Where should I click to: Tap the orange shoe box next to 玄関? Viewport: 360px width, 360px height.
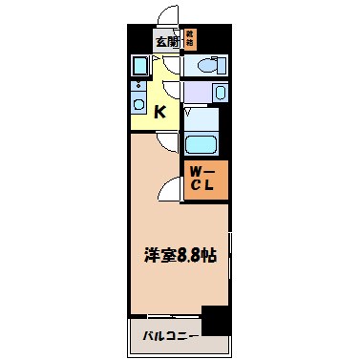click(x=190, y=39)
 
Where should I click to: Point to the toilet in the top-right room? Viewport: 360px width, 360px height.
click(x=205, y=65)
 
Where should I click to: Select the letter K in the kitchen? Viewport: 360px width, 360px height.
click(x=161, y=112)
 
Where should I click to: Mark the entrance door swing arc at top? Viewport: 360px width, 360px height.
click(x=167, y=16)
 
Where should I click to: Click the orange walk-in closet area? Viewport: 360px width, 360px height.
click(x=205, y=179)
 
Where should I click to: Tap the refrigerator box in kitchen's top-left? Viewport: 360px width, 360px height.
click(x=138, y=66)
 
